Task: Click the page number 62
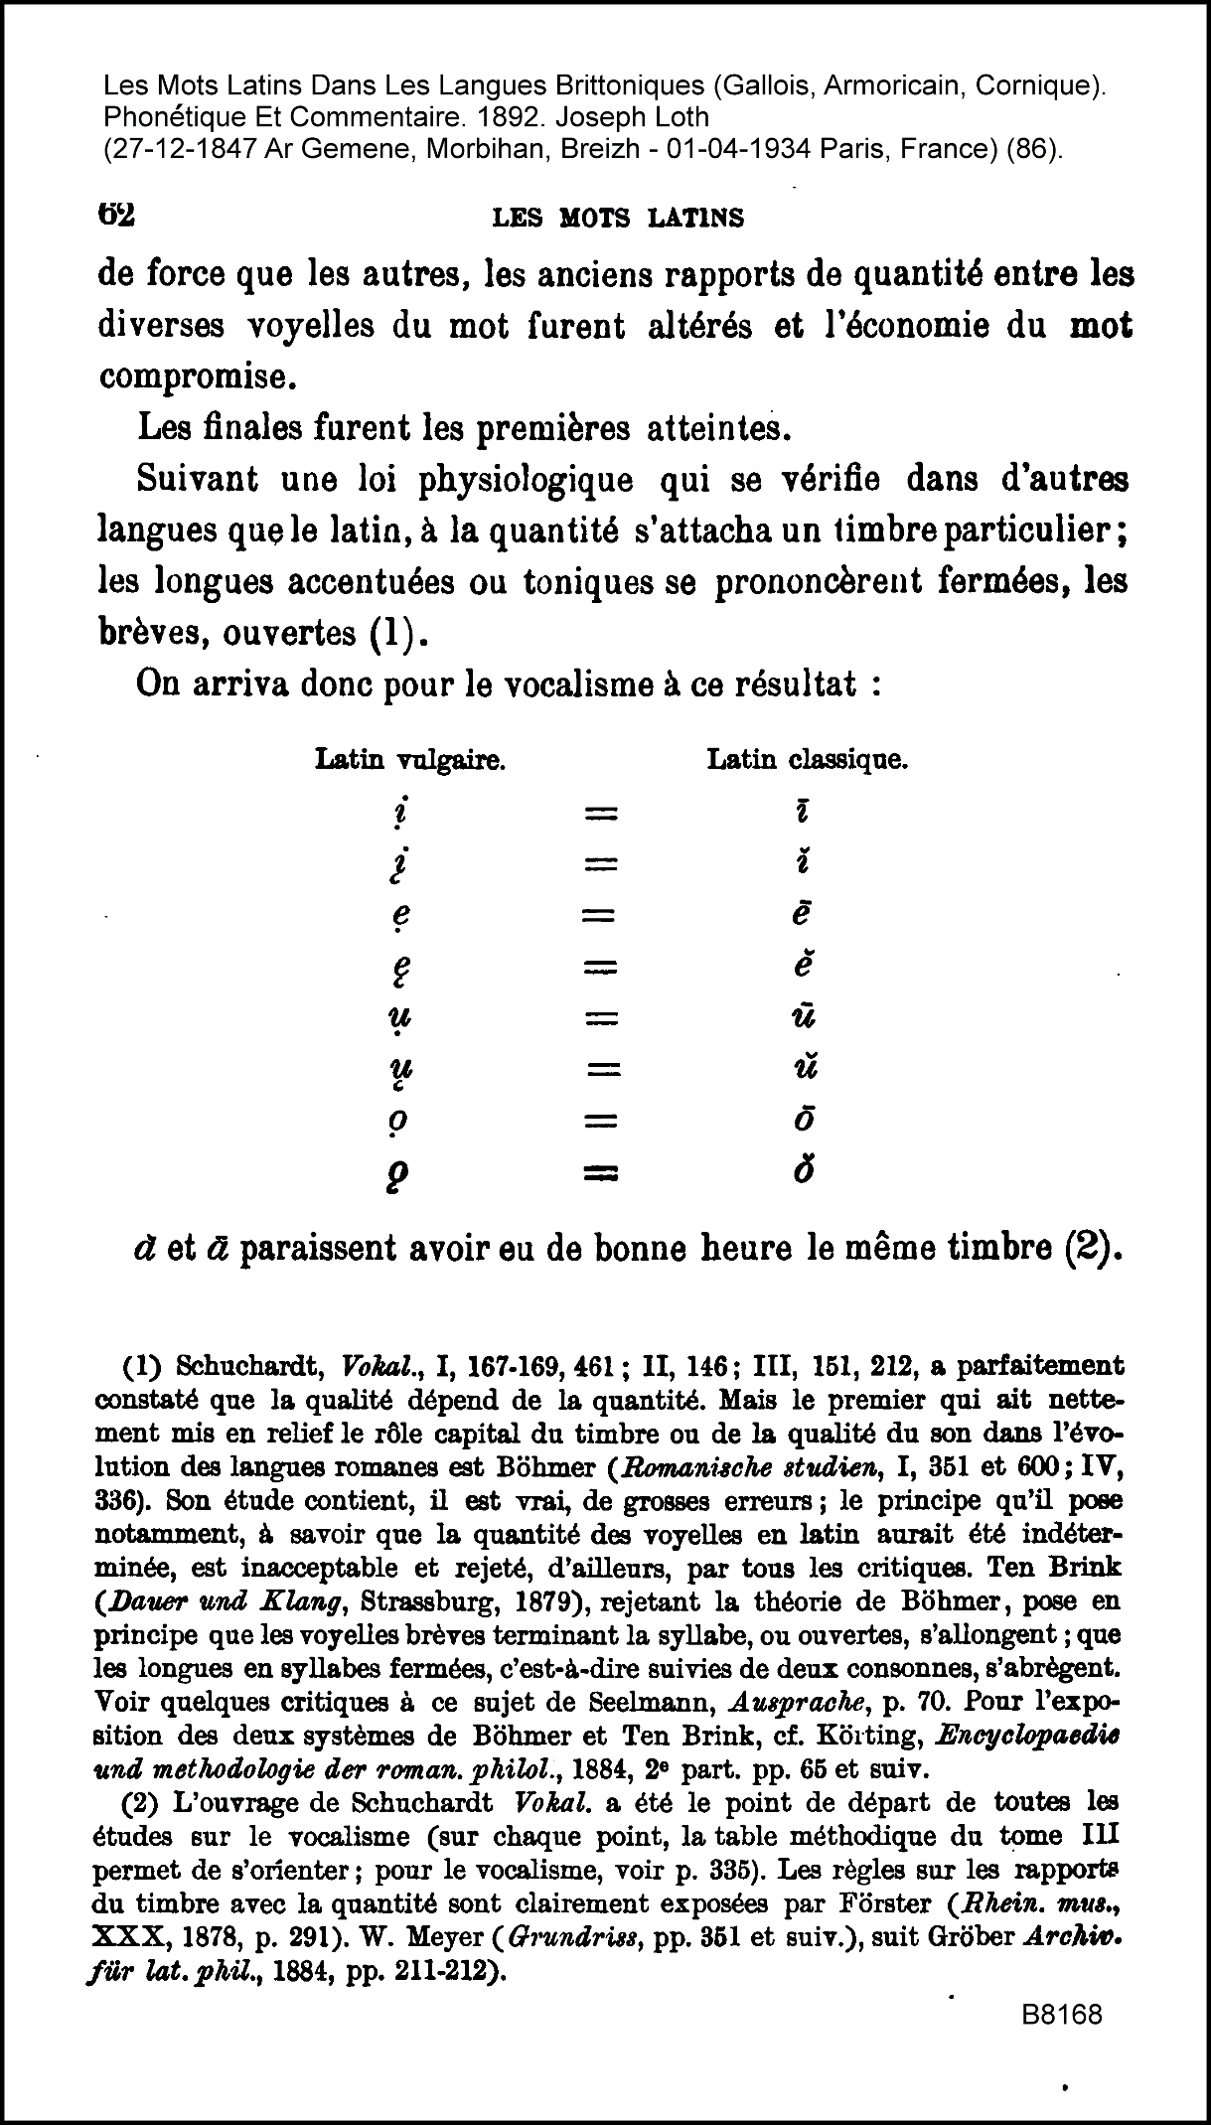116,215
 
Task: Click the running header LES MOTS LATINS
618,218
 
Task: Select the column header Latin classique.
808,761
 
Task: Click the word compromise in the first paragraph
198,378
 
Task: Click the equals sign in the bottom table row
601,1173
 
